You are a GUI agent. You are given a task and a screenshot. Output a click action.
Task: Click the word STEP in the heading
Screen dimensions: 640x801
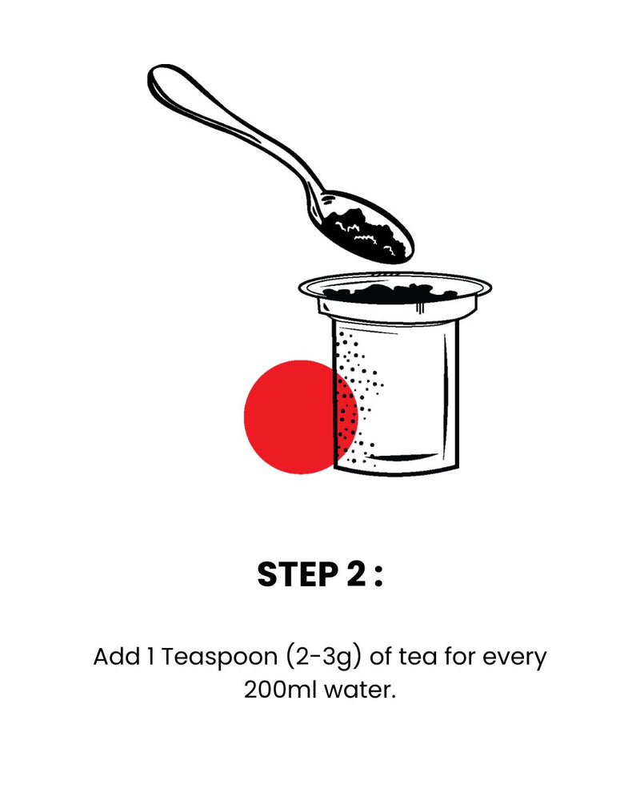[298, 574]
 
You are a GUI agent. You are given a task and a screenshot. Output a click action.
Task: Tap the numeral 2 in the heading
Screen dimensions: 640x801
[357, 574]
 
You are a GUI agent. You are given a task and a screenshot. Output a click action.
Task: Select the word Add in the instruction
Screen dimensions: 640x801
[116, 657]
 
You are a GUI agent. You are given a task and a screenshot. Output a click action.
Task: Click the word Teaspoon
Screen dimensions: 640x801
[219, 658]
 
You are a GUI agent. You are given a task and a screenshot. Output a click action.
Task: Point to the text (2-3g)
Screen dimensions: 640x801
[323, 658]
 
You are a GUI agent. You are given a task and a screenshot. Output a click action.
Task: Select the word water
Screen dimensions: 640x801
[360, 690]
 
